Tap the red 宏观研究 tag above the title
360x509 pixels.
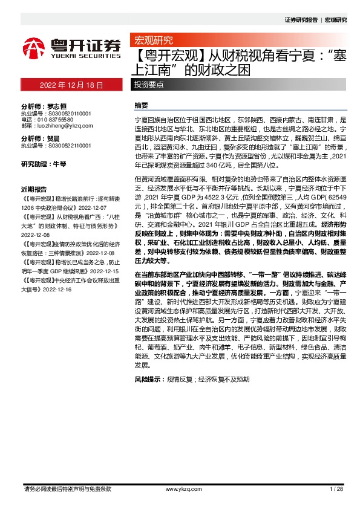152,41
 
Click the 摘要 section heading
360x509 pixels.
141,105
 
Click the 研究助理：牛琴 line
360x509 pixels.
43,164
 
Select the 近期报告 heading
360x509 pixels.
34,188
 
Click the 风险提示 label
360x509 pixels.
148,379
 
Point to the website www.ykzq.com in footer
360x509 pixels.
182,488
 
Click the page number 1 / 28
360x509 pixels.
336,488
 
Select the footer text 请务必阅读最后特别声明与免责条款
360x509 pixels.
67,488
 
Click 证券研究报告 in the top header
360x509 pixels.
301,20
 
